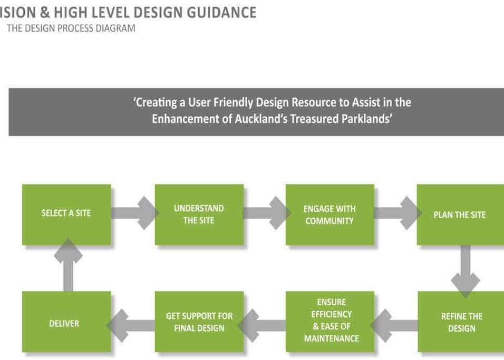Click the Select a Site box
pyautogui.click(x=66, y=215)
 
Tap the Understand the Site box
pyautogui.click(x=199, y=215)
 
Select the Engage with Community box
pyautogui.click(x=330, y=215)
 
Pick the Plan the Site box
pyautogui.click(x=460, y=215)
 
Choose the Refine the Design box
pyautogui.click(x=461, y=322)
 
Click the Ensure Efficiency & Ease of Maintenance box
pyautogui.click(x=330, y=322)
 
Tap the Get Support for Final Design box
pyautogui.click(x=199, y=322)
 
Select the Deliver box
pyautogui.click(x=66, y=322)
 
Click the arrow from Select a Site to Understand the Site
pyautogui.click(x=135, y=213)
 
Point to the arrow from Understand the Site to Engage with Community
pyautogui.click(x=267, y=213)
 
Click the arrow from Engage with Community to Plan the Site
pyautogui.click(x=398, y=213)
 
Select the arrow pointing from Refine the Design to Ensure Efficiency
pyautogui.click(x=394, y=326)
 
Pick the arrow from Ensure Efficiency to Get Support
pyautogui.click(x=261, y=326)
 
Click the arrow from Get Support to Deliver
pyautogui.click(x=131, y=326)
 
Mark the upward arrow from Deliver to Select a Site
pyautogui.click(x=68, y=265)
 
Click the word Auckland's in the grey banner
pyautogui.click(x=260, y=119)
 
